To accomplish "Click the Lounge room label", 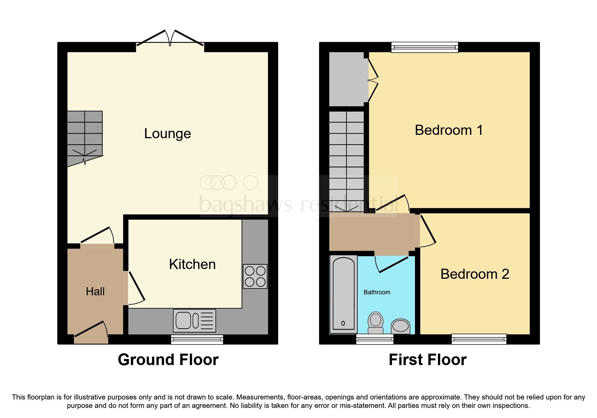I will tap(168, 133).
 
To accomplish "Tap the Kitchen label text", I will tap(192, 264).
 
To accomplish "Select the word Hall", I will tap(95, 292).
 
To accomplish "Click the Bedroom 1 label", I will tap(448, 130).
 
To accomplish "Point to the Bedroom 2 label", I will tap(474, 274).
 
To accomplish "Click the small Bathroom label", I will tap(377, 292).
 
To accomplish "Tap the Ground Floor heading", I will tap(168, 360).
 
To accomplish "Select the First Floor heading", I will tap(427, 360).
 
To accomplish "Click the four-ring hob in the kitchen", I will tap(255, 276).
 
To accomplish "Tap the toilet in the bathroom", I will tap(375, 323).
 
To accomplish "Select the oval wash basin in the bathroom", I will tap(400, 326).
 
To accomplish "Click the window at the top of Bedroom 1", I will tap(424, 47).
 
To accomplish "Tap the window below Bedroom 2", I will tap(479, 339).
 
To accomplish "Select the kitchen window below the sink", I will tap(197, 339).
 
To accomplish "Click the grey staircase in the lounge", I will tap(85, 137).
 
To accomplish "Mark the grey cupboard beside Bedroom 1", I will tap(347, 79).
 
